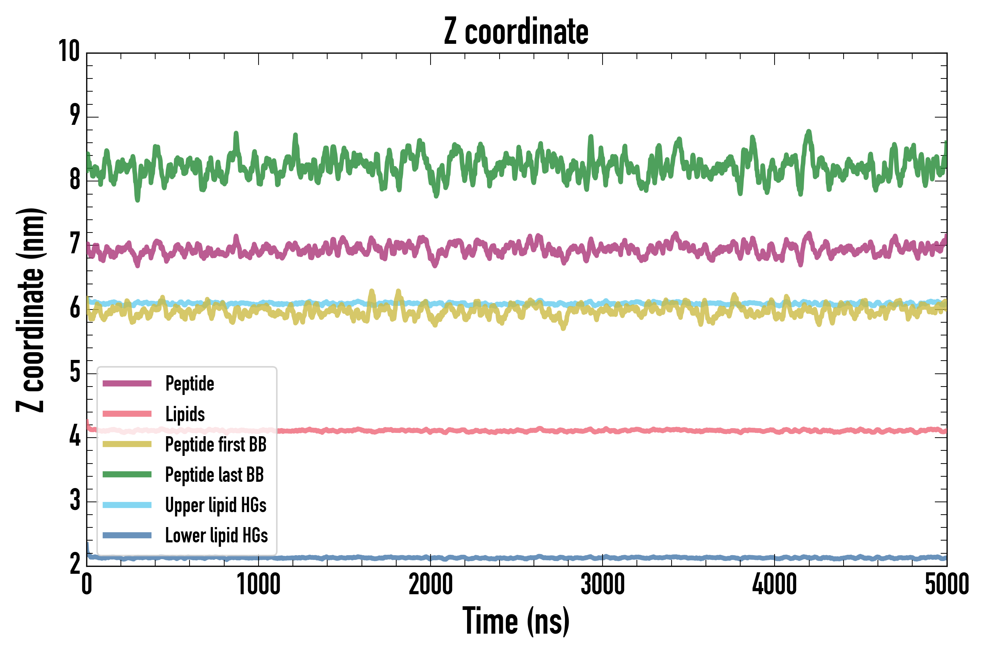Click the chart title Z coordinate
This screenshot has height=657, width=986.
coord(516,32)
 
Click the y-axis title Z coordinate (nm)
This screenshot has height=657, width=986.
coord(30,310)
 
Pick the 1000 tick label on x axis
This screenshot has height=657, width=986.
coord(258,584)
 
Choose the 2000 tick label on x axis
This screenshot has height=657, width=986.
coord(431,584)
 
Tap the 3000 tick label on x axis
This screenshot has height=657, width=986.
coord(603,584)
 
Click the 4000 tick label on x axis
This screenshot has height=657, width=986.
coord(774,584)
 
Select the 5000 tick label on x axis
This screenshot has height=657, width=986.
coord(947,584)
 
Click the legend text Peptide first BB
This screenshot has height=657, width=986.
coord(215,445)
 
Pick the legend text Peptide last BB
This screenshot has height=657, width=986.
coord(214,475)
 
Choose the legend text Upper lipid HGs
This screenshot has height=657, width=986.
coord(215,505)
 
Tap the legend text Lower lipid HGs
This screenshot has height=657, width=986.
coord(216,535)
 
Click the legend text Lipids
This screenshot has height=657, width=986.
coord(185,414)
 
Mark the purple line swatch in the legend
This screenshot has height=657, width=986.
coord(127,383)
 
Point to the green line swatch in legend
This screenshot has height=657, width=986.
coord(127,474)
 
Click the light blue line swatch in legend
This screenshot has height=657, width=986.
coord(127,505)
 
